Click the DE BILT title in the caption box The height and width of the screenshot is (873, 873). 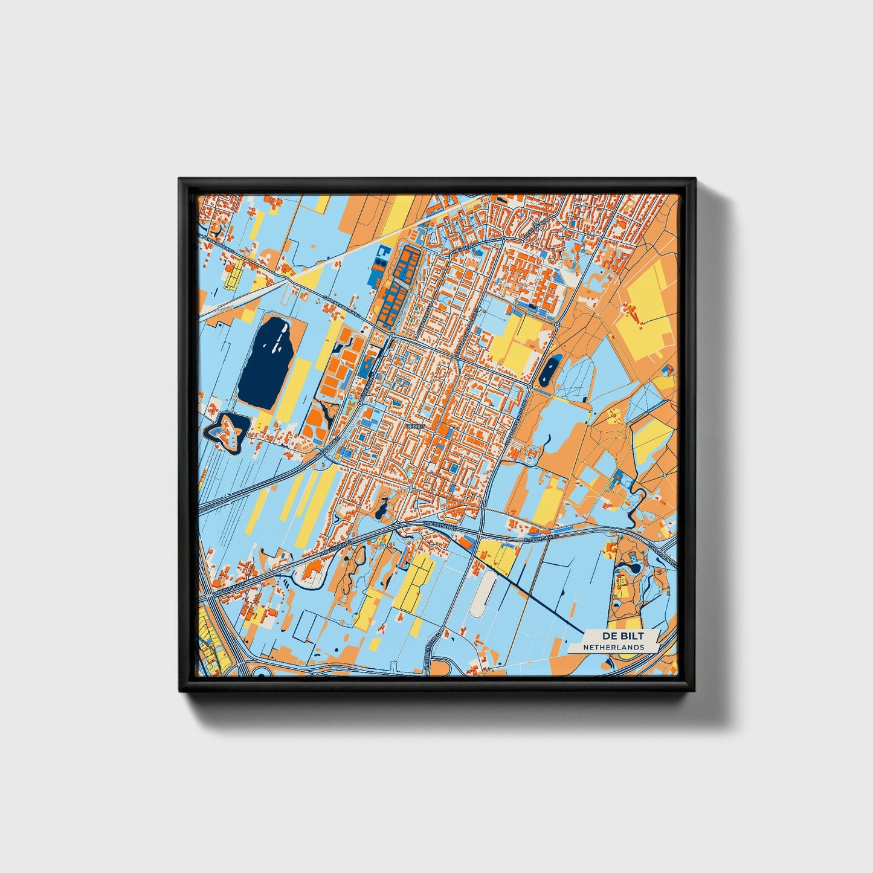622,636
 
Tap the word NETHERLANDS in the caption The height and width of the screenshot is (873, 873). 613,647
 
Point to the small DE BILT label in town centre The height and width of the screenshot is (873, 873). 416,427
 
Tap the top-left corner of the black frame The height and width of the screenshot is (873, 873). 181,180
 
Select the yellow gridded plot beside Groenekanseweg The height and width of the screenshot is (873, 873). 233,275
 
